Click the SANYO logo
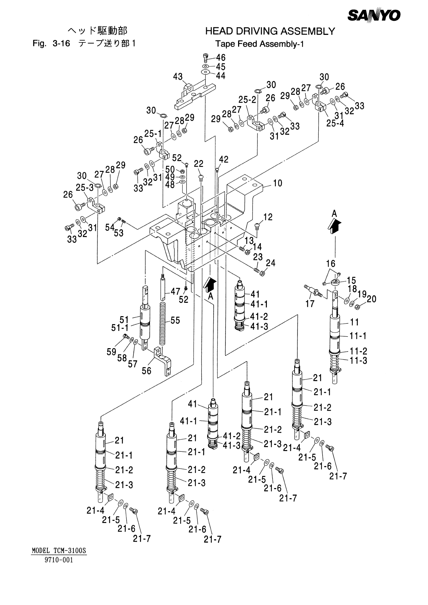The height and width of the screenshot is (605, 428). pos(374,15)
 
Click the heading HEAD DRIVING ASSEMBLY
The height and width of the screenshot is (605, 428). pos(270,32)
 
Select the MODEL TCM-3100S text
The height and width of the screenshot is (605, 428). pos(60,551)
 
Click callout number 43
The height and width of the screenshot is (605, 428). pos(178,77)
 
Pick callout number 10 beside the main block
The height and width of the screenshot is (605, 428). pos(277,183)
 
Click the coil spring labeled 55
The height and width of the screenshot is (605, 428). pos(164,323)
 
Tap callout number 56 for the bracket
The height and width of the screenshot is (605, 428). pos(146,370)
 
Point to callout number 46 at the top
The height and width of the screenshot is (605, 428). pos(220,58)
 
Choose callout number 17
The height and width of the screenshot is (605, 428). pos(310,304)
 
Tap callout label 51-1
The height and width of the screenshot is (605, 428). pos(120,328)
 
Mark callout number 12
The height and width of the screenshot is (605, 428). pos(268,217)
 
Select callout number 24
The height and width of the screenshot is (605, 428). pos(270,263)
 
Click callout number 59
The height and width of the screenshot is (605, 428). pos(111,351)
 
